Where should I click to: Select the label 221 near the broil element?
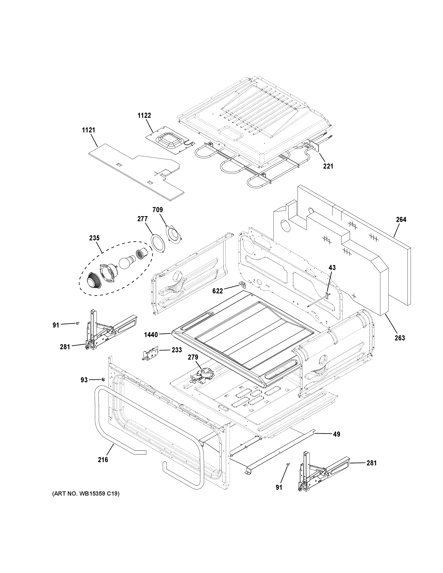[328, 166]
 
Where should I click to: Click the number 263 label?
[400, 338]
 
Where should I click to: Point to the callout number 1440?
[151, 335]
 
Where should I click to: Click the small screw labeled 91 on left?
[78, 324]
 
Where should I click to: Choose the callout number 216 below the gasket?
[103, 460]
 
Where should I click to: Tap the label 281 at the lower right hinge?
[371, 463]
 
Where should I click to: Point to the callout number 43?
[332, 268]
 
